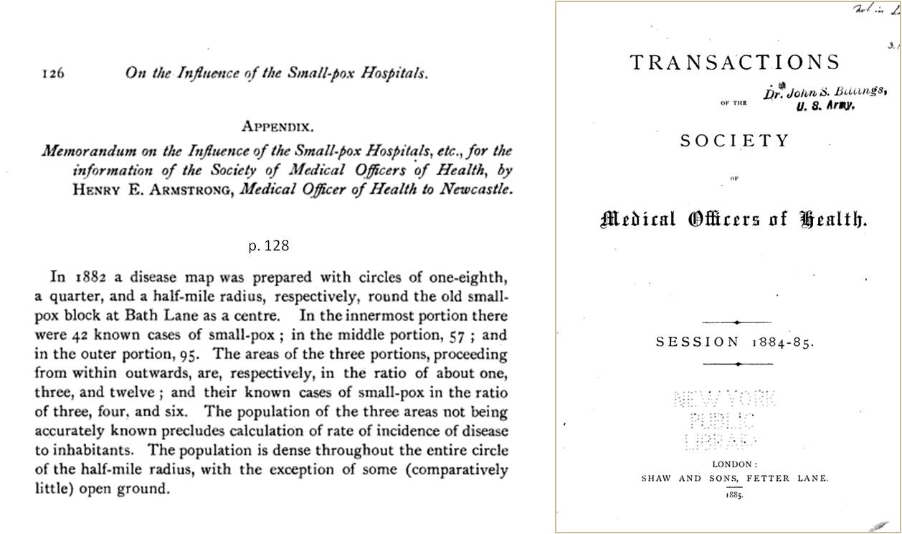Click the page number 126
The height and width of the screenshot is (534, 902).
pyautogui.click(x=54, y=73)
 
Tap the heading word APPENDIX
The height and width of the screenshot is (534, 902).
pyautogui.click(x=277, y=127)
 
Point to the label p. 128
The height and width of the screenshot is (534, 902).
pyautogui.click(x=269, y=245)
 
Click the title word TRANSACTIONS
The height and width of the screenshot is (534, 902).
pyautogui.click(x=735, y=62)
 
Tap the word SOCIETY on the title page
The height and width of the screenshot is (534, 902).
pyautogui.click(x=735, y=140)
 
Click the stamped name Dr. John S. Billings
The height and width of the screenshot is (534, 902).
pyautogui.click(x=825, y=91)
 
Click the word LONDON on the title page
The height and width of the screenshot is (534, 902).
pyautogui.click(x=735, y=464)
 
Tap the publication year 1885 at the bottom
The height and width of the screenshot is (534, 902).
pyautogui.click(x=735, y=495)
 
